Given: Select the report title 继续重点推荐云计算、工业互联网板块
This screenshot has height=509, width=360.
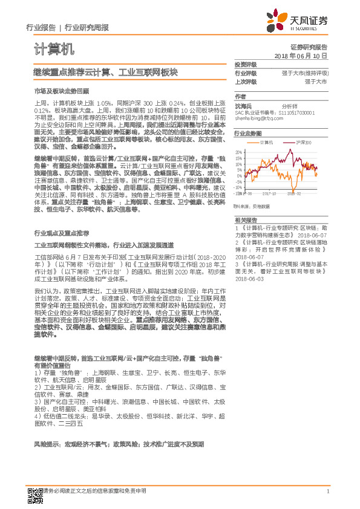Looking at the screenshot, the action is pyautogui.click(x=105, y=72).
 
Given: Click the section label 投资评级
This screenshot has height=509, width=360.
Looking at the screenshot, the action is pyautogui.click(x=245, y=64).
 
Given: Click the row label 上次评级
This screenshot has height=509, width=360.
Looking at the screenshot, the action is pyautogui.click(x=245, y=80).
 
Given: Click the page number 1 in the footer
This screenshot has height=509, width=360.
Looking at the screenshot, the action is pyautogui.click(x=327, y=491).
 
